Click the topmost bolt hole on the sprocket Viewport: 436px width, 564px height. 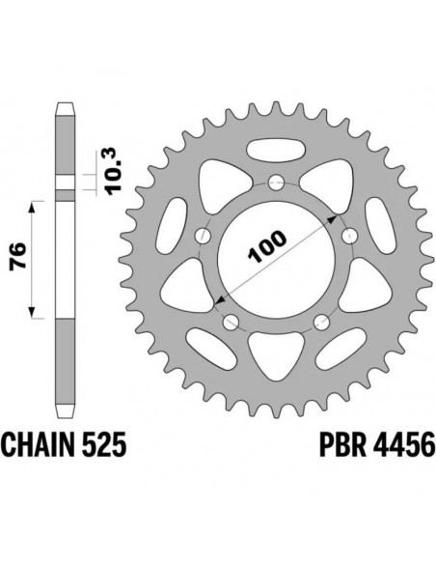[276, 182]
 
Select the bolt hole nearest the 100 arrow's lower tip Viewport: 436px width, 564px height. [232, 323]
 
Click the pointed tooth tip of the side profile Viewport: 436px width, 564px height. [66, 100]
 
